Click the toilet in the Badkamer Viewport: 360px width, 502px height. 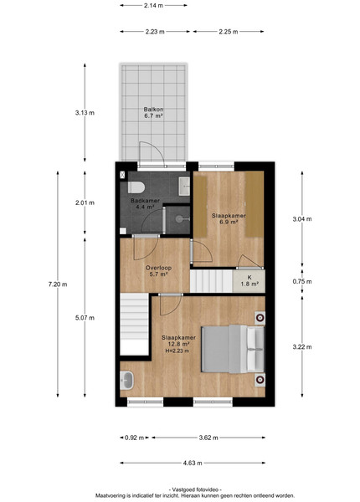[136, 187]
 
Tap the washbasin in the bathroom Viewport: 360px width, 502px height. [184, 186]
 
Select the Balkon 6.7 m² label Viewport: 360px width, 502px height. [153, 113]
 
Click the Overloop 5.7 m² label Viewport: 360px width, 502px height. [158, 271]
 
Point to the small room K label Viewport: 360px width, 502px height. [249, 281]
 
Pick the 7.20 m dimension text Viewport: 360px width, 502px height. [58, 284]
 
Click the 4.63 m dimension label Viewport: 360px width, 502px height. [193, 463]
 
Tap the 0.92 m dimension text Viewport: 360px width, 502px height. [134, 438]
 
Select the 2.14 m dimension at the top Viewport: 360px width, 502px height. [153, 5]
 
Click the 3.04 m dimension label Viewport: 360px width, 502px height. [302, 219]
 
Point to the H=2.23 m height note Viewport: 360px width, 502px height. [177, 351]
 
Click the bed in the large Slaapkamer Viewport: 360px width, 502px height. [233, 349]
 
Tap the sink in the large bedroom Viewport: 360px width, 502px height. [126, 381]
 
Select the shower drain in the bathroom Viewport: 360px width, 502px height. [179, 219]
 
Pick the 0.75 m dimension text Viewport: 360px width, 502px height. [302, 281]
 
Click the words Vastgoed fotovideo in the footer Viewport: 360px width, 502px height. [195, 489]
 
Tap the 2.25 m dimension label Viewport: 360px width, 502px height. [229, 32]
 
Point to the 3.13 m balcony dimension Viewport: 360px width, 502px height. [85, 113]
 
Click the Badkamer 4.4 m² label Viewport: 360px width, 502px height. [145, 203]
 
